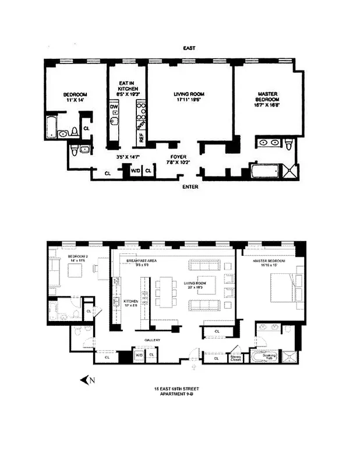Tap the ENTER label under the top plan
coord(190,187)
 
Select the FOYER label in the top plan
coord(177,157)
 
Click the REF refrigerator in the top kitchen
coord(140,137)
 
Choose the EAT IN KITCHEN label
coord(127,88)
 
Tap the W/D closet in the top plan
coord(136,171)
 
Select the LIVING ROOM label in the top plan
coord(189,94)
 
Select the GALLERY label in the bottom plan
coord(153,340)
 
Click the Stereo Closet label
coord(236,358)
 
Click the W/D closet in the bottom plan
coord(139,354)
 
